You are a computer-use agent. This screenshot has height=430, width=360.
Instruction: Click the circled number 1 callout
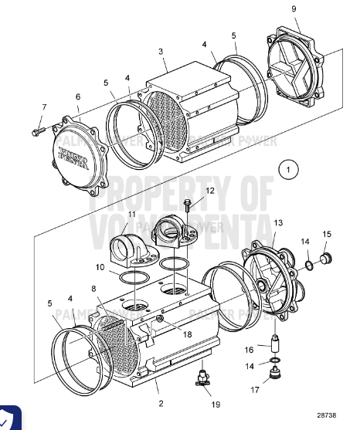[x=288, y=169]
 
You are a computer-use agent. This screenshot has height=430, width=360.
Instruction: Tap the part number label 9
[x=294, y=8]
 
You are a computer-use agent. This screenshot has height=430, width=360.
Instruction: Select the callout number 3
[x=161, y=51]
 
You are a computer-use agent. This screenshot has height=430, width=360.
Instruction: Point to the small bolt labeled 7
[x=36, y=133]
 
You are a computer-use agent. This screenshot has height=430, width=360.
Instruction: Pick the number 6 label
[x=77, y=96]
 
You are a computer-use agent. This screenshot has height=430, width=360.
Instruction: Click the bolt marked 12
[x=188, y=205]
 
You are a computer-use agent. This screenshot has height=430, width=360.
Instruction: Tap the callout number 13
[x=277, y=222]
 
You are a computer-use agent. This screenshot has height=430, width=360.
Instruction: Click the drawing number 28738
[x=331, y=415]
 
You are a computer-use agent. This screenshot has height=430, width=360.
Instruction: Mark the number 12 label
[x=210, y=190]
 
